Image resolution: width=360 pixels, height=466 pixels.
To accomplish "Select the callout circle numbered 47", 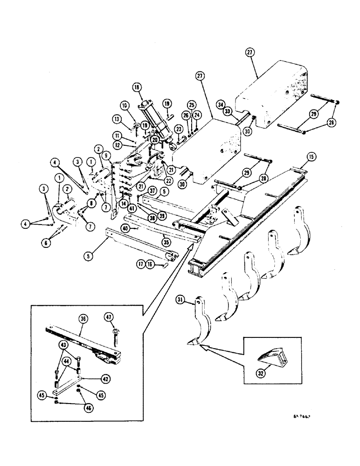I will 109,318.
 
